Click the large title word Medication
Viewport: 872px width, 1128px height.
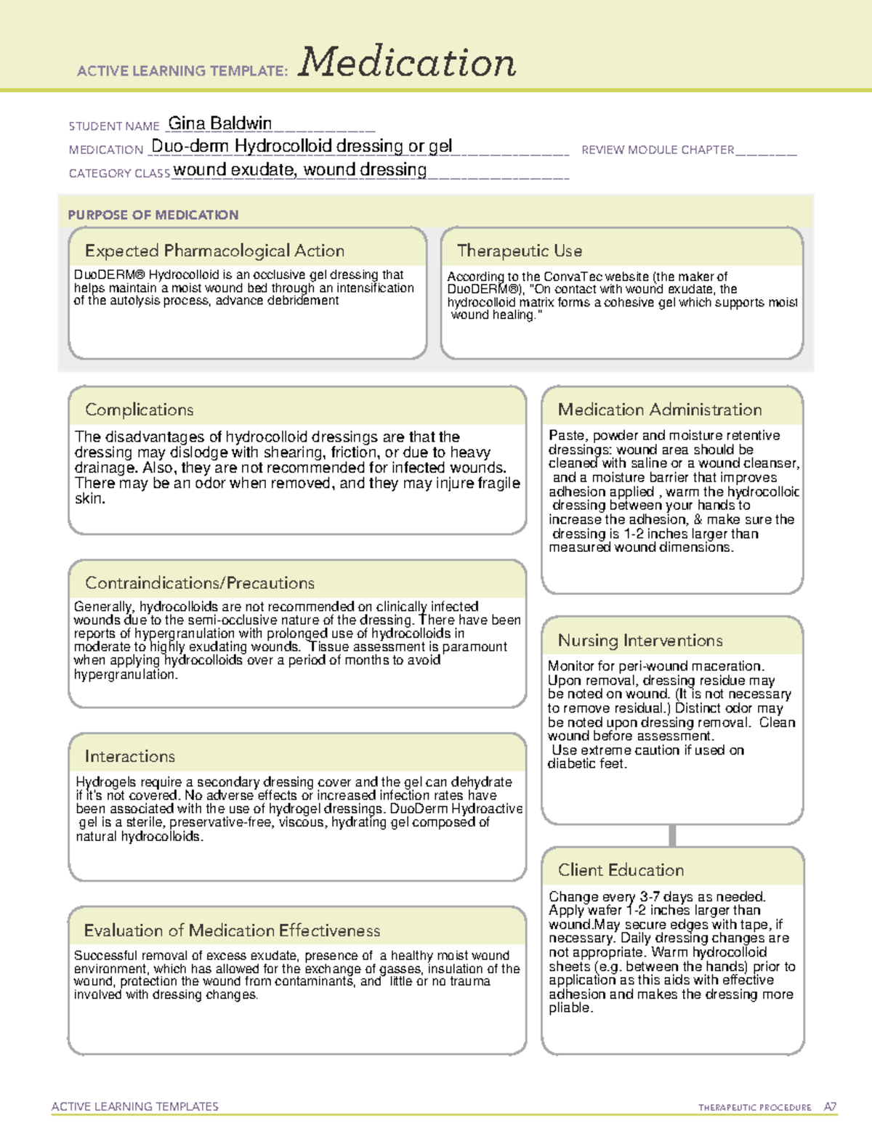pyautogui.click(x=407, y=62)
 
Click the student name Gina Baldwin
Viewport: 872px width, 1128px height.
pyautogui.click(x=220, y=123)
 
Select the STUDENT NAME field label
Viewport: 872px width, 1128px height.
pyautogui.click(x=114, y=126)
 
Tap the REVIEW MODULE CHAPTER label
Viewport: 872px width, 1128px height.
pyautogui.click(x=658, y=150)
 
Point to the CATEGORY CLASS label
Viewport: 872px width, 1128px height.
pyautogui.click(x=119, y=174)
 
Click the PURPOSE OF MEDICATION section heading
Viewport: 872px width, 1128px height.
pyautogui.click(x=153, y=215)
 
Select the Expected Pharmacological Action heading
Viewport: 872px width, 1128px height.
pyautogui.click(x=214, y=251)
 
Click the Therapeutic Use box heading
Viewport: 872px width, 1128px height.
pyautogui.click(x=520, y=251)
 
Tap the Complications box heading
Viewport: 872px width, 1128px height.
pyautogui.click(x=139, y=410)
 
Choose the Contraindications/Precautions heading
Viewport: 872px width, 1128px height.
pyautogui.click(x=200, y=583)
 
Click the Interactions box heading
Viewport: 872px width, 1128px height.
pyautogui.click(x=129, y=756)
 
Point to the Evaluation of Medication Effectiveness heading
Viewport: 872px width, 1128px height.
pyautogui.click(x=232, y=930)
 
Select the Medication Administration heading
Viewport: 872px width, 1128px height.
pyautogui.click(x=660, y=410)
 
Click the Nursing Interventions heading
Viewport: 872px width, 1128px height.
pyautogui.click(x=640, y=640)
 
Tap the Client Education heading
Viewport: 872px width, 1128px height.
pyautogui.click(x=621, y=870)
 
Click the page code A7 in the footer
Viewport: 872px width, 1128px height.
pyautogui.click(x=830, y=1107)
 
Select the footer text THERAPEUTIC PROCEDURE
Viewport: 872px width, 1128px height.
pyautogui.click(x=754, y=1108)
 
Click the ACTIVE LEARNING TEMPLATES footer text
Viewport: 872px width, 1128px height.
pyautogui.click(x=135, y=1106)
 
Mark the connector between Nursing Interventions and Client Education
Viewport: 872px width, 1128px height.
pyautogui.click(x=672, y=835)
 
